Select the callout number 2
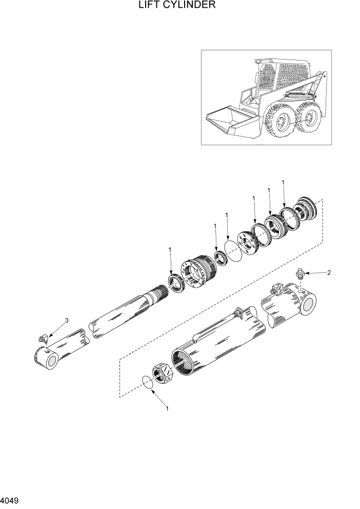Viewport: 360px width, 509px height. [329, 272]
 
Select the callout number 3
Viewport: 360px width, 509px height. [66, 321]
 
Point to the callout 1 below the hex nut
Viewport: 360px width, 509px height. [167, 408]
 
